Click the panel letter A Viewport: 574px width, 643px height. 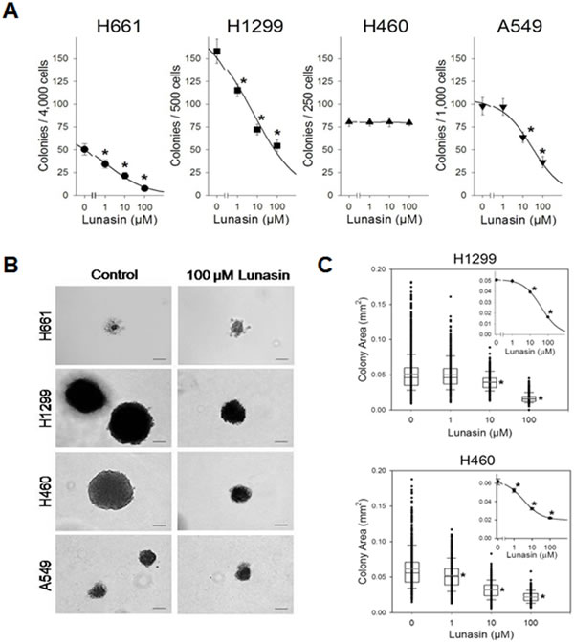point(13,12)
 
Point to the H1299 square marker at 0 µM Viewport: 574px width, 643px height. point(217,51)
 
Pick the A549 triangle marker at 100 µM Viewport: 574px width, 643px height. point(542,163)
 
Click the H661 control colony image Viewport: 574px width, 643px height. point(113,328)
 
